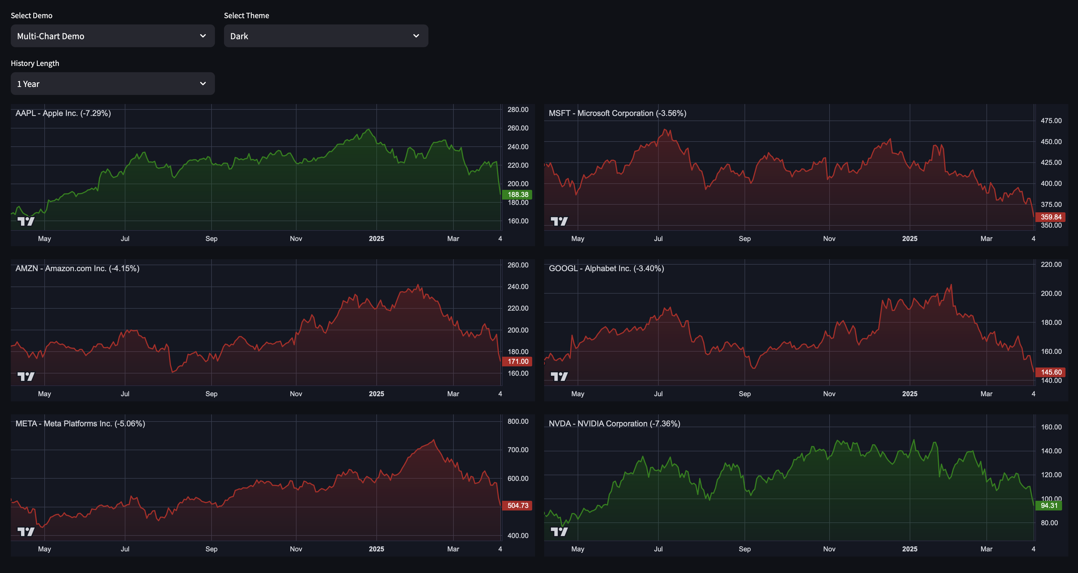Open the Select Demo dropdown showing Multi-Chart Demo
click(x=112, y=36)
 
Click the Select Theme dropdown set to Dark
click(x=326, y=36)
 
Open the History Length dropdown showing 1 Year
click(x=112, y=84)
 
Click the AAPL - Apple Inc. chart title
click(x=63, y=113)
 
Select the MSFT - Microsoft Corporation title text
click(x=617, y=113)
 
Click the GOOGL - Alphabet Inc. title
click(x=606, y=269)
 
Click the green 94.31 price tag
click(x=1049, y=506)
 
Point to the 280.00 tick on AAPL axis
click(x=518, y=110)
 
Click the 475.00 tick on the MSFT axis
click(x=1051, y=121)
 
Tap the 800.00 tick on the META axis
click(x=518, y=422)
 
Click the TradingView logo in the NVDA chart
click(x=559, y=532)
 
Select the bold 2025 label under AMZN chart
click(x=376, y=394)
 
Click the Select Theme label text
click(x=246, y=15)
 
